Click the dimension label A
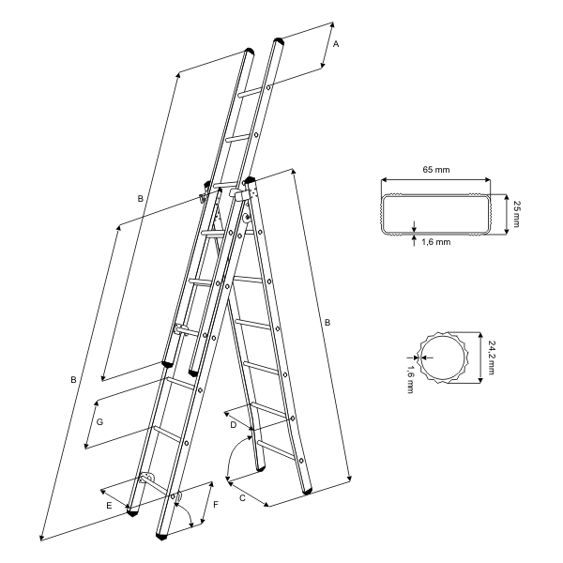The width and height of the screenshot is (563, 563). pyautogui.click(x=336, y=44)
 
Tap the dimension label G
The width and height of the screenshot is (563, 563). pyautogui.click(x=99, y=422)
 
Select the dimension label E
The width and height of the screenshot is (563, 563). pyautogui.click(x=109, y=506)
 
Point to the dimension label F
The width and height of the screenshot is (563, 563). pyautogui.click(x=216, y=505)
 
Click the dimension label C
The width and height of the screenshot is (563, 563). pyautogui.click(x=242, y=498)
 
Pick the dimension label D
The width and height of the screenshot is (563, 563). pyautogui.click(x=234, y=425)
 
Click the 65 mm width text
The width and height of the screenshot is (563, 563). pyautogui.click(x=436, y=170)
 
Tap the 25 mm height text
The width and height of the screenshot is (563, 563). pyautogui.click(x=517, y=214)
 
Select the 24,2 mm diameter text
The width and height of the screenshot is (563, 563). pyautogui.click(x=491, y=358)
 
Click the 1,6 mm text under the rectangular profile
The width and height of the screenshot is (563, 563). pyautogui.click(x=436, y=242)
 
